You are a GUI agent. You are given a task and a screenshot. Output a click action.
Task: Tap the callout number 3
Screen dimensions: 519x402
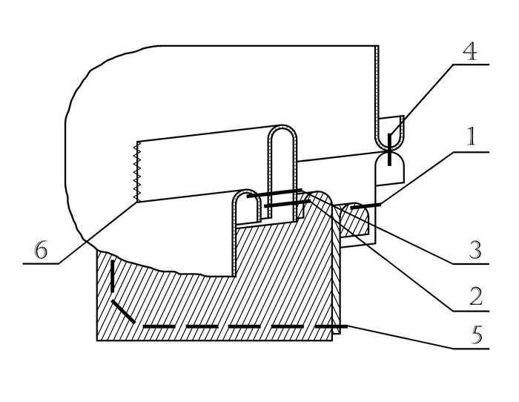475,250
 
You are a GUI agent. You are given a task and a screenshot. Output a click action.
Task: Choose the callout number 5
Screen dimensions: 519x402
476,335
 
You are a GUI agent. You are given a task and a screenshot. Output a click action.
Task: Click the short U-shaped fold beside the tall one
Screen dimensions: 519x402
247,196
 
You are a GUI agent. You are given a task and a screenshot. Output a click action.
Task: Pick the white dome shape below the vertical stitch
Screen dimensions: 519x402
390,169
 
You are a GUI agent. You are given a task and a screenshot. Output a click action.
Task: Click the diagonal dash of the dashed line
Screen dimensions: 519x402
123,312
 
